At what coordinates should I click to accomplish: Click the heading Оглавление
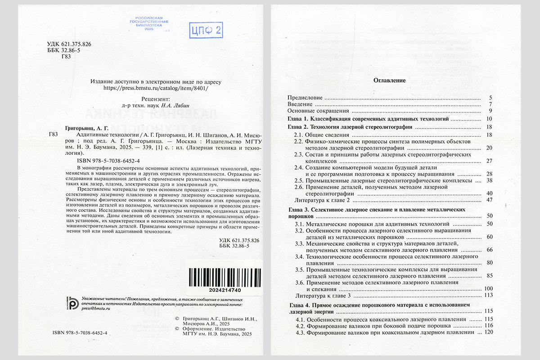[x=390, y=81]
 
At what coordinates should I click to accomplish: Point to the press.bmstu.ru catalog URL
[x=156, y=89]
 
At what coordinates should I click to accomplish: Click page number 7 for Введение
[x=490, y=104]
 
